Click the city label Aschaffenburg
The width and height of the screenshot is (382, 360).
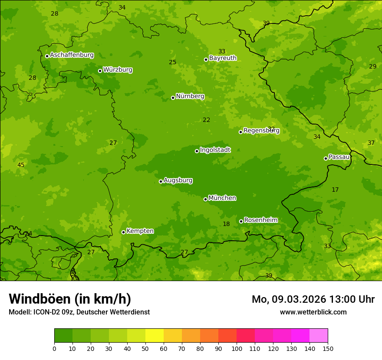point(72,55)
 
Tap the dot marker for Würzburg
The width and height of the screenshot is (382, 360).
point(100,71)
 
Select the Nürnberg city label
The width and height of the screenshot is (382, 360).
point(190,96)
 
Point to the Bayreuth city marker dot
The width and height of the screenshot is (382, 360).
point(206,59)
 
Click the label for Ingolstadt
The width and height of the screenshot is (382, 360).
point(215,150)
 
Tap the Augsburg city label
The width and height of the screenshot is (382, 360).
point(178,180)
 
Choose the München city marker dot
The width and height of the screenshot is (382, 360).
point(206,199)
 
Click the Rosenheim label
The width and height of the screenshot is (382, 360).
point(260,220)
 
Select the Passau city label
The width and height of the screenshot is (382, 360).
point(339,157)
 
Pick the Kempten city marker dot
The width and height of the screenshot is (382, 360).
point(124,232)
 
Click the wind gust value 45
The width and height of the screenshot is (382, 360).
point(21,165)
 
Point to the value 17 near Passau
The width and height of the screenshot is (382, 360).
point(335,190)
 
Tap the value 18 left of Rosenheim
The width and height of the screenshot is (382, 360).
point(226,224)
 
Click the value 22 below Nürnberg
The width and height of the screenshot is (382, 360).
point(207,120)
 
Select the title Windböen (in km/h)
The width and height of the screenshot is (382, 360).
point(70,299)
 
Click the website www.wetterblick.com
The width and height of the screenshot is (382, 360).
point(313,312)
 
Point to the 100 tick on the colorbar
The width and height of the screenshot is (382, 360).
point(237,348)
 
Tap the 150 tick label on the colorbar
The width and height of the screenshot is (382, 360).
point(328,348)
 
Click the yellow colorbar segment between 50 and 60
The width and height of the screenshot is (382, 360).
point(155,336)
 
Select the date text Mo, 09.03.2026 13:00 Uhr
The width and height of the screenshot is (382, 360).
point(313,299)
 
